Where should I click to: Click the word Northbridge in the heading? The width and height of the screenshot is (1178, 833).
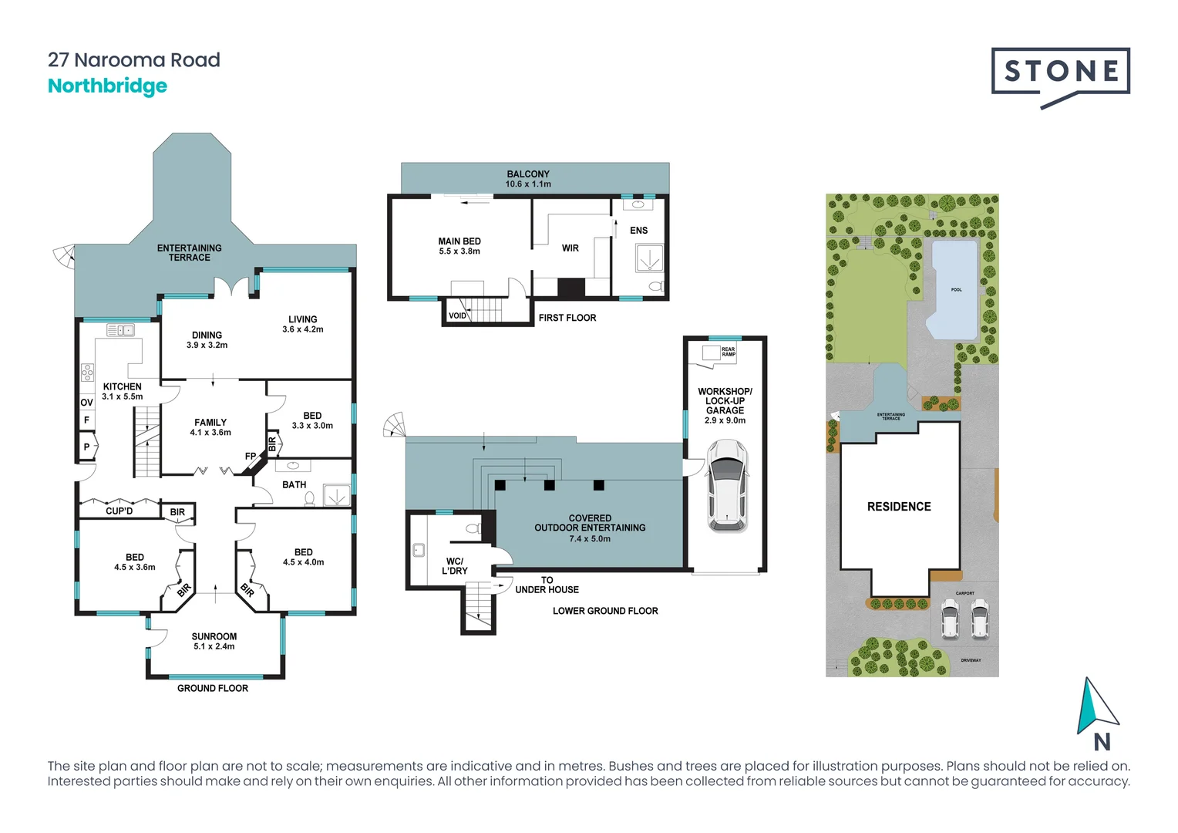coord(107,86)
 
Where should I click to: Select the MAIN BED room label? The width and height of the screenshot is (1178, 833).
coord(459,241)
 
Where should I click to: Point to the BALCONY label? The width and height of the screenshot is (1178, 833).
coord(528,174)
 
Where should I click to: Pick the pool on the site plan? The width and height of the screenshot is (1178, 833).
coord(954,289)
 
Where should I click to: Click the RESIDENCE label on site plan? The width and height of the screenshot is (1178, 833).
coord(899,507)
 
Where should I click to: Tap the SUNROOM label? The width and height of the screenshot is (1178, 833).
coord(214,637)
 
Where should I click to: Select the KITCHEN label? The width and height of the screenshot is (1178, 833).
coord(123,387)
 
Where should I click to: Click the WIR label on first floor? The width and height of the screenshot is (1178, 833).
coord(570,248)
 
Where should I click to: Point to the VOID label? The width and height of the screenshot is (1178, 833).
coord(457,315)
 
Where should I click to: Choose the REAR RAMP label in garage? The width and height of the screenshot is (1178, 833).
coord(728,352)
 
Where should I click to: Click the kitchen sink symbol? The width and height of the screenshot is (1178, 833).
coord(120,331)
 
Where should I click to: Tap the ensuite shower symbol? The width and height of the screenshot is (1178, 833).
coord(649,258)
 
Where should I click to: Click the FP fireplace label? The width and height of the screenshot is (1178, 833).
coord(251,457)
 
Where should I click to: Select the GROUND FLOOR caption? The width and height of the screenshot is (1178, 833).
coord(213,688)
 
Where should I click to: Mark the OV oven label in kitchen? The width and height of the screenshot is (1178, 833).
coord(86,403)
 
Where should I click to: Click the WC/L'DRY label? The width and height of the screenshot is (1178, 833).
coord(455,566)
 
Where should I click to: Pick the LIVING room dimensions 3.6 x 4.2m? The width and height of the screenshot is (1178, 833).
coord(303,329)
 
